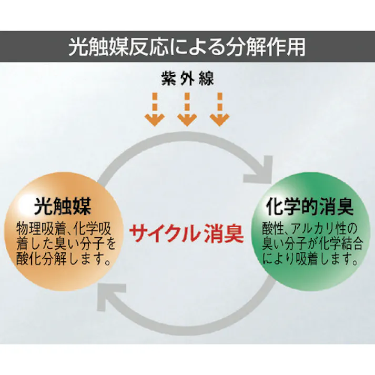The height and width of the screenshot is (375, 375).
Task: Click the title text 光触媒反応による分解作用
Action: coord(187,47)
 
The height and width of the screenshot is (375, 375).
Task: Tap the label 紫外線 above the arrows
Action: coord(187,78)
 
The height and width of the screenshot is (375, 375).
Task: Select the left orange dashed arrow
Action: coord(155,109)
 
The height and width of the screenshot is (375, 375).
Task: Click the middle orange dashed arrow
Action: coord(187,109)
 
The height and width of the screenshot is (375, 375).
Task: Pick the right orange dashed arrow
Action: coord(219,109)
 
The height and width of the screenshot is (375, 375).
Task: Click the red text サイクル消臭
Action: coord(187,234)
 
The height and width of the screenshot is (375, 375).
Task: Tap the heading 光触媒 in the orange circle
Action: coord(63,206)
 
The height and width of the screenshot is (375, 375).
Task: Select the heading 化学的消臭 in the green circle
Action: coord(310,206)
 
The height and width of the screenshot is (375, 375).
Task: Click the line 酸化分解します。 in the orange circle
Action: coord(64,259)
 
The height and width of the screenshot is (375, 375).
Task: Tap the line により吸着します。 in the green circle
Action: coord(310,258)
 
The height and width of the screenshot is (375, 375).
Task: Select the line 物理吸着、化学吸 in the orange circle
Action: coord(64,229)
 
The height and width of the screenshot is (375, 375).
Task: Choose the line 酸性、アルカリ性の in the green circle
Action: coord(309,229)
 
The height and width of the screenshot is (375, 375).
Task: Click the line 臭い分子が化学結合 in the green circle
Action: coord(312,244)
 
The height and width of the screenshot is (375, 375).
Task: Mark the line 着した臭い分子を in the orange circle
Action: coord(66,244)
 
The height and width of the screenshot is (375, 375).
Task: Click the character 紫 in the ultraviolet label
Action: coord(168,78)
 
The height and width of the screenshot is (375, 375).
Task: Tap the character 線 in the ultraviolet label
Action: coord(206,78)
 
